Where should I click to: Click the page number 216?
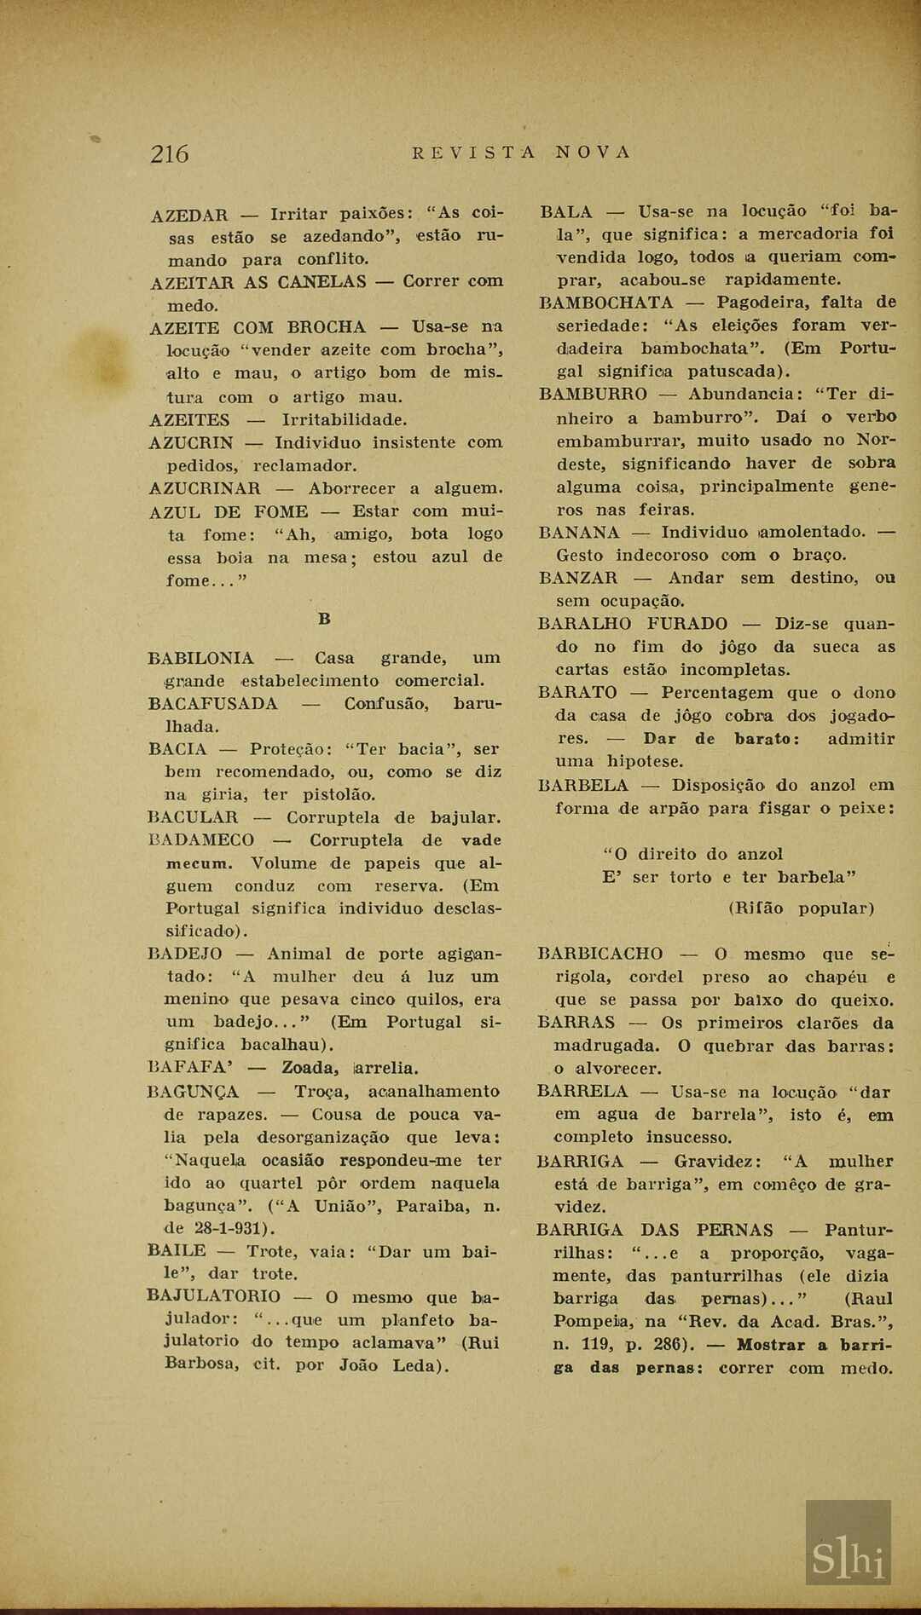170,153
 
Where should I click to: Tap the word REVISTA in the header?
474,153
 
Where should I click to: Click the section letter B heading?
324,619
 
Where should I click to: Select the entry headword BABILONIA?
200,658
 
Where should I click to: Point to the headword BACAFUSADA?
212,704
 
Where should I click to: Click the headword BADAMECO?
201,840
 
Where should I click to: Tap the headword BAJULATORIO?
213,1296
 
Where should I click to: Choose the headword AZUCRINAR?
205,488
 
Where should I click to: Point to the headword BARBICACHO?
600,954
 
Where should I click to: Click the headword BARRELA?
582,1092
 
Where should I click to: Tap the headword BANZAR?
578,578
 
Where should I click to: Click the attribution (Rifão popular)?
801,908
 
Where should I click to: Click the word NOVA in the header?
593,153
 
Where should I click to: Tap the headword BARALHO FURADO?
633,624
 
